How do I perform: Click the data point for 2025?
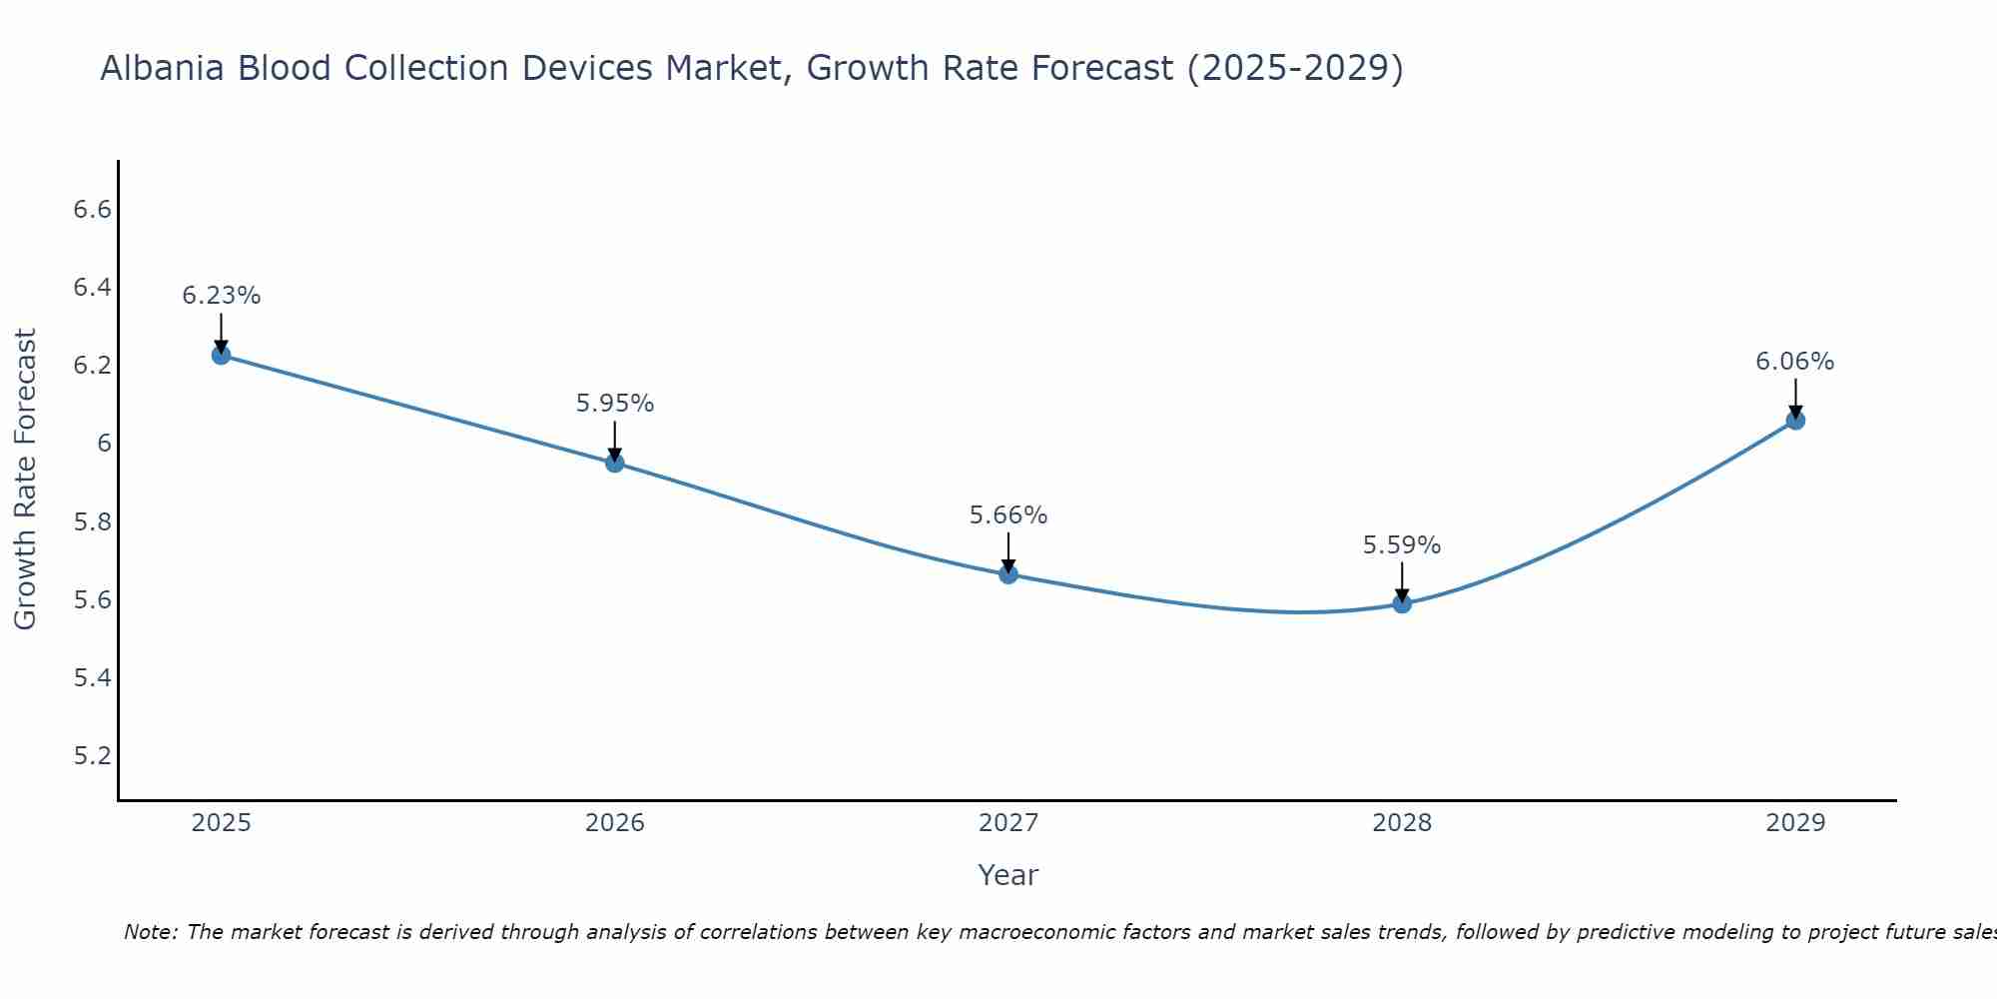pos(221,355)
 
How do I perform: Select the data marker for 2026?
pos(614,463)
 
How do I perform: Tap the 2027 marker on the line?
pos(1007,574)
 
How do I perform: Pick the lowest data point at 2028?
pos(1401,603)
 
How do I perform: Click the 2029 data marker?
pos(1794,421)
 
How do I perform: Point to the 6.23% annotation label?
pos(221,296)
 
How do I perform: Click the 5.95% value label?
pos(614,404)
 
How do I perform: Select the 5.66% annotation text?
pos(1007,515)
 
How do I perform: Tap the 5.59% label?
pos(1401,545)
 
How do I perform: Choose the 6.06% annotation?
pos(1794,362)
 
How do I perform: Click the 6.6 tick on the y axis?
pos(92,210)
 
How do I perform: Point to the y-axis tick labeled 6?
pos(104,444)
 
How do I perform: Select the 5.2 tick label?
pos(92,755)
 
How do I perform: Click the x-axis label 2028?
pos(1401,823)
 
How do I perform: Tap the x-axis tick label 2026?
pos(614,823)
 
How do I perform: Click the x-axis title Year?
pos(1007,875)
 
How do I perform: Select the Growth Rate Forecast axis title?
pos(25,480)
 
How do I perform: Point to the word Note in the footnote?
pos(149,932)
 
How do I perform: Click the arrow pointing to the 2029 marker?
pos(1794,397)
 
